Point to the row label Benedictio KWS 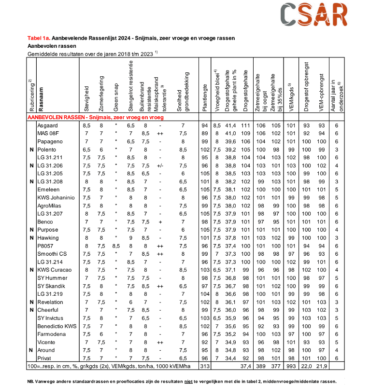(x=57, y=326)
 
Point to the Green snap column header (x=115, y=96)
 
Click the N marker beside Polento (x=31, y=150)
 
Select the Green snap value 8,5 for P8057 (x=115, y=246)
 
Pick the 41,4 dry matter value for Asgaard (x=231, y=125)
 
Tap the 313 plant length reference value (x=204, y=367)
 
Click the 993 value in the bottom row (x=292, y=367)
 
